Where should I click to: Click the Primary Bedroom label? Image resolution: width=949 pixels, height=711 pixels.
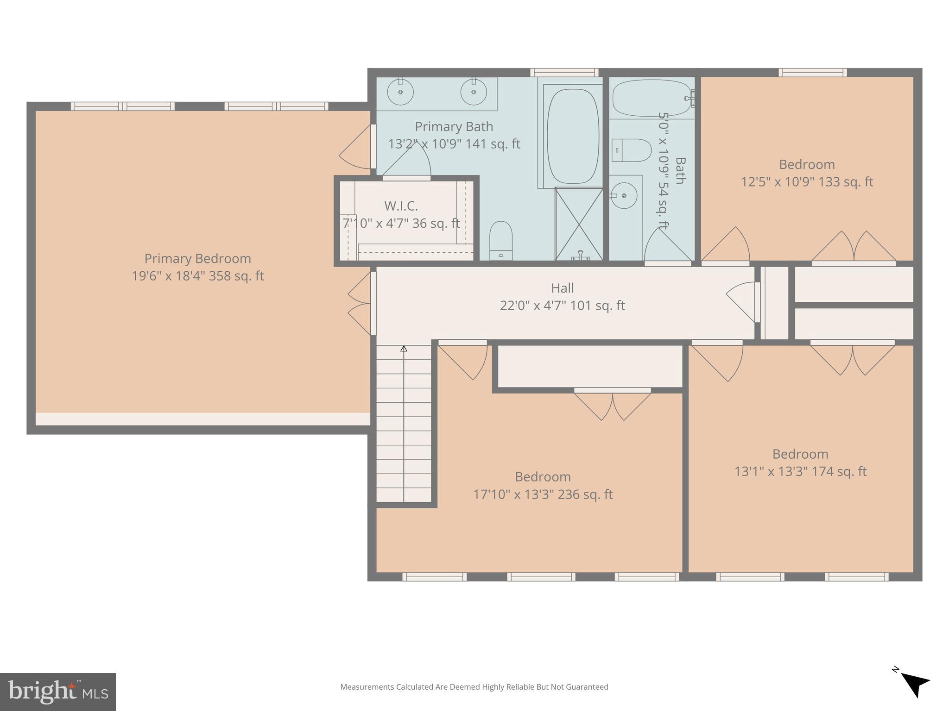pos(197,258)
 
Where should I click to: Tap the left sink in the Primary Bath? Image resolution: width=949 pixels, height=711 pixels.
pos(400,92)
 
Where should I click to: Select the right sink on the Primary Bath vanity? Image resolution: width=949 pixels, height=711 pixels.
pos(474,92)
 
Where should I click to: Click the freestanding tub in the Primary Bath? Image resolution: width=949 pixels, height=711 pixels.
pos(573,136)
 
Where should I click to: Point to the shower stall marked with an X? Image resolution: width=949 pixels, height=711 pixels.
pos(579,224)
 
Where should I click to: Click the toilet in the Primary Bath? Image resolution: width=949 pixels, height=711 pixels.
pos(501,240)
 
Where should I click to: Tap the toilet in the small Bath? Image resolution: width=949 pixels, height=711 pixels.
pos(631,150)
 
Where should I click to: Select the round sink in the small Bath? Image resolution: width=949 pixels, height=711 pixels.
pos(624,195)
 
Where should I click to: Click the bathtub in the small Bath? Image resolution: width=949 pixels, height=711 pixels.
pos(652,98)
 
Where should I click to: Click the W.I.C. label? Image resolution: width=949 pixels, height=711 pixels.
pos(401,206)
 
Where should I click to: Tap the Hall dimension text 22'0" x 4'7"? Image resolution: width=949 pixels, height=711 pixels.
pos(562,306)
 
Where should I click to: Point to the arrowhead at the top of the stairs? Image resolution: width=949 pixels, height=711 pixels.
pos(404,349)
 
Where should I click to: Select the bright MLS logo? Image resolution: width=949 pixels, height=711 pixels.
pos(58,692)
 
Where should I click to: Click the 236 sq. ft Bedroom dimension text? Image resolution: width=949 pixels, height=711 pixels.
pos(543,494)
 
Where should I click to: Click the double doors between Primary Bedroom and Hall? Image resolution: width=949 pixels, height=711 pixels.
pos(361,303)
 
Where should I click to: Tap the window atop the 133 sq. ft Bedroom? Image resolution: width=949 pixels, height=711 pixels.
pos(812,72)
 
